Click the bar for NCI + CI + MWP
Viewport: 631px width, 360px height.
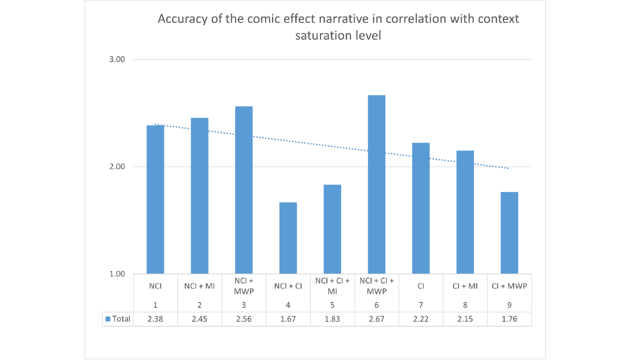(376, 184)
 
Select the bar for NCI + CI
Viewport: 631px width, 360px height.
(288, 238)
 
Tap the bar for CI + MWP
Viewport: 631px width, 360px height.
(509, 233)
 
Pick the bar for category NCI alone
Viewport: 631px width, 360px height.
(155, 199)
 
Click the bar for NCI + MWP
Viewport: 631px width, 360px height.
(243, 190)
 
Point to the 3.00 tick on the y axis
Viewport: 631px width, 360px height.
(117, 59)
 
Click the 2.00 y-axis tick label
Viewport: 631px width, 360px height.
(117, 167)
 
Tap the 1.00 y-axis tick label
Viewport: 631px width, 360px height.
(117, 274)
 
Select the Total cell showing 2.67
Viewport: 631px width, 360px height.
(376, 319)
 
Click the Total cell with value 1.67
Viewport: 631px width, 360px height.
(288, 319)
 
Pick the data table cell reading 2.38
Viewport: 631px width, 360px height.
(155, 319)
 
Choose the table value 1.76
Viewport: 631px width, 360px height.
(509, 319)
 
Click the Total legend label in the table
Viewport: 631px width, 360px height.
(121, 319)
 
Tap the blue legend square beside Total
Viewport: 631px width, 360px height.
(108, 319)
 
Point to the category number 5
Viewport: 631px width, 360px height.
(332, 305)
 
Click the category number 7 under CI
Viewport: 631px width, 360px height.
(421, 305)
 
